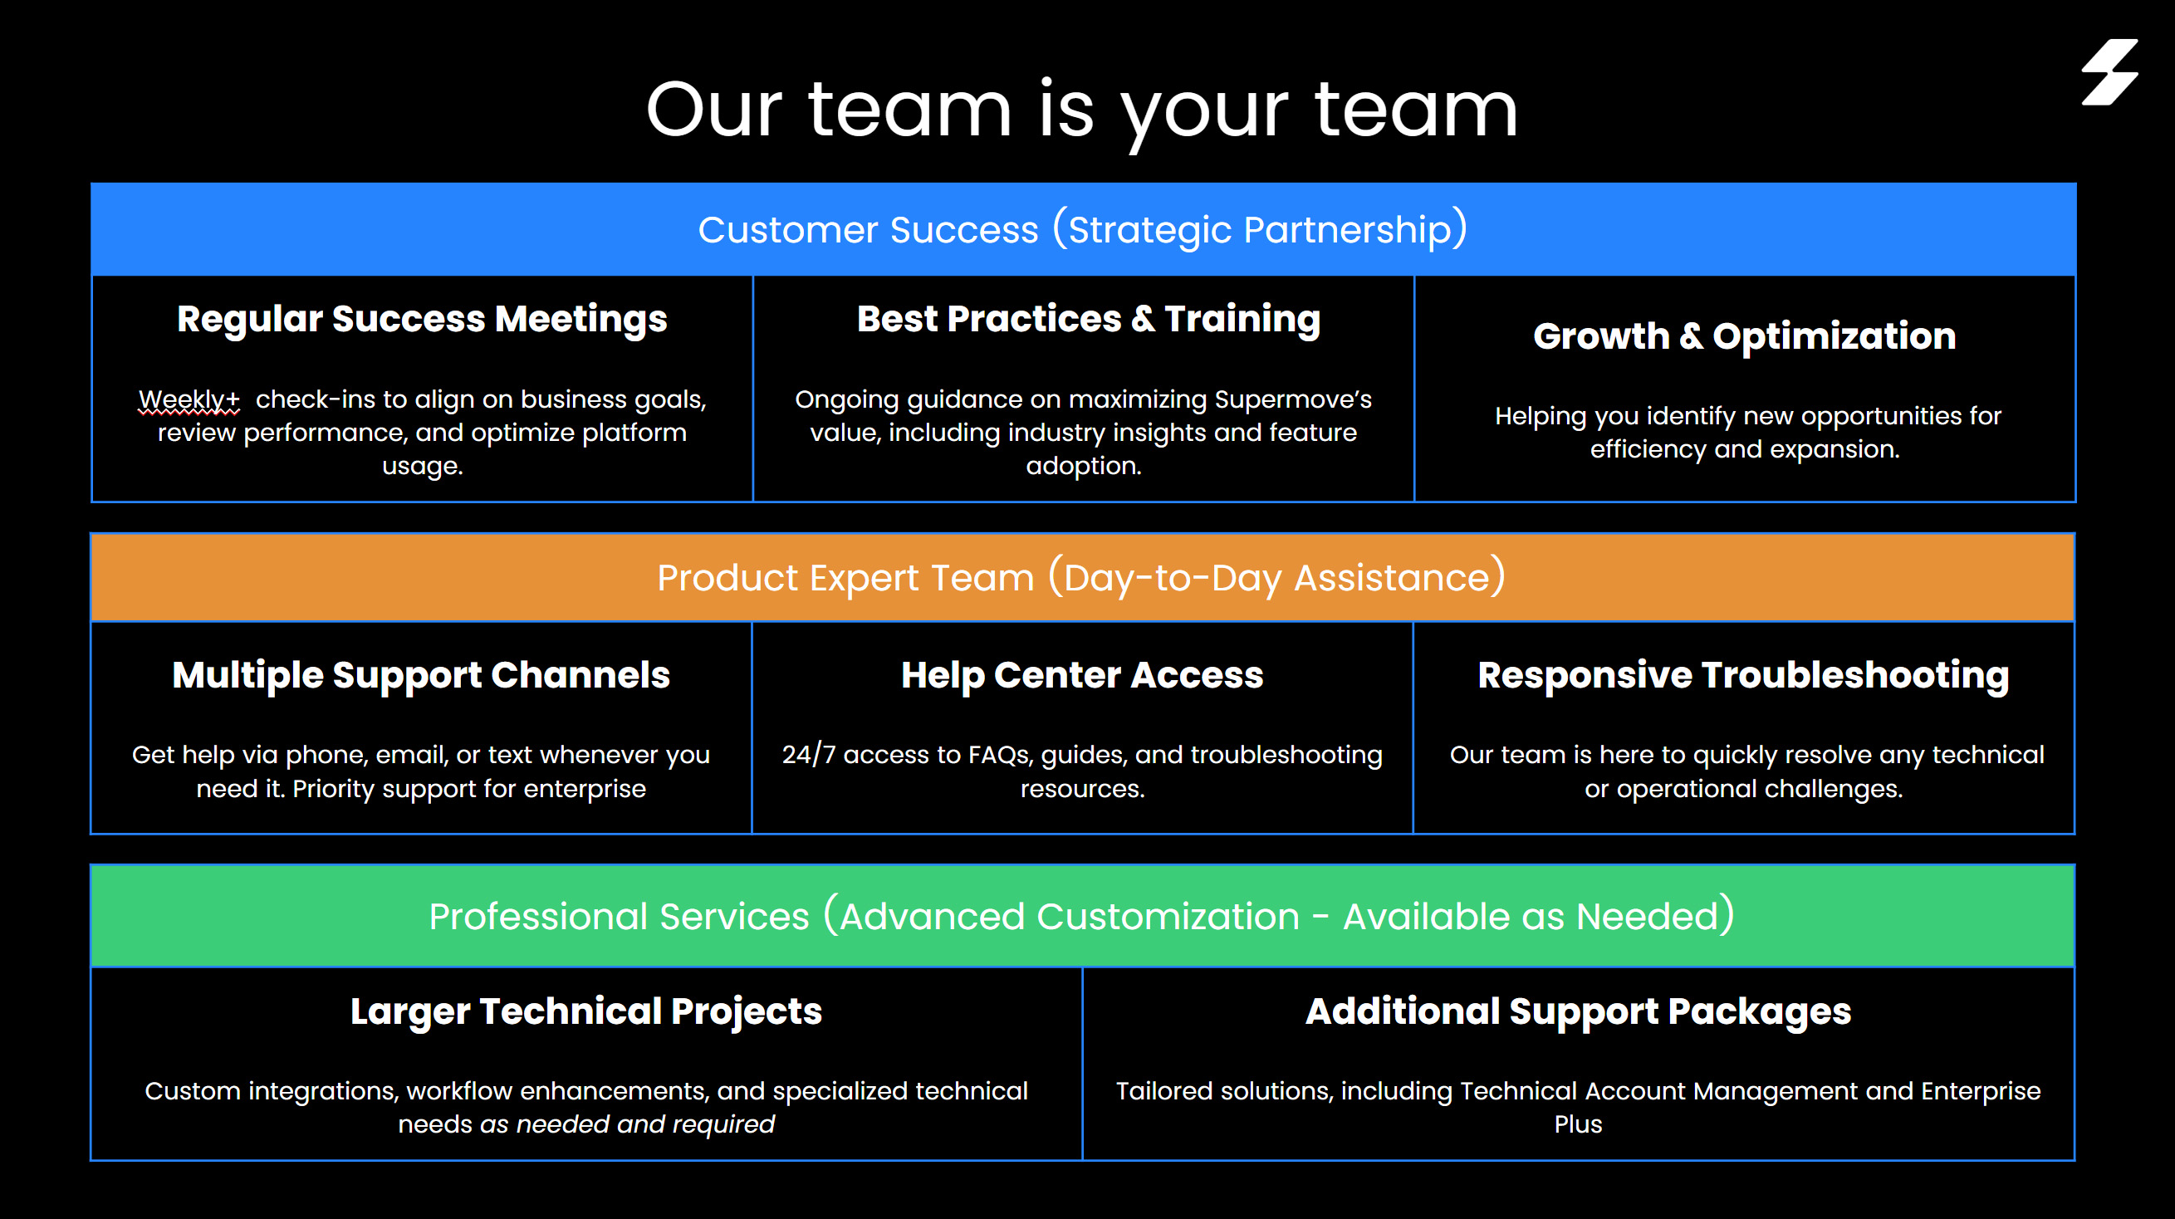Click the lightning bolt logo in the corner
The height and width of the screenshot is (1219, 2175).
click(x=2109, y=71)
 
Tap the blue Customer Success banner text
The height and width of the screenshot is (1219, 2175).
click(x=1082, y=230)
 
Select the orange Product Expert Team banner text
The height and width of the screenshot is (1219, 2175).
click(x=1080, y=578)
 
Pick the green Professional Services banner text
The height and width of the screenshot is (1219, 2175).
click(x=1080, y=916)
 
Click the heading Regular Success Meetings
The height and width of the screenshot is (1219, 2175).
click(x=422, y=319)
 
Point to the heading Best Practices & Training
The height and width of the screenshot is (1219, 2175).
click(x=1089, y=319)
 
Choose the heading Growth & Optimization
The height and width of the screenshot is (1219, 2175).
click(x=1744, y=336)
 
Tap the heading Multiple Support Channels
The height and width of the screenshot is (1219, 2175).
click(x=421, y=675)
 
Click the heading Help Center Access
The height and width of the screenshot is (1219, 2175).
click(x=1081, y=675)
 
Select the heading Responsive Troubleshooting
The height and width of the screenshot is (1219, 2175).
click(x=1743, y=675)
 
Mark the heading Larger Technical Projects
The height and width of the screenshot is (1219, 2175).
click(x=586, y=1011)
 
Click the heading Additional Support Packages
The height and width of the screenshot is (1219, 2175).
click(x=1578, y=1011)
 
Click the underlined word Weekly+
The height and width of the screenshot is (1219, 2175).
click(x=189, y=399)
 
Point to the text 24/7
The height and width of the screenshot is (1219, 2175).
click(x=808, y=755)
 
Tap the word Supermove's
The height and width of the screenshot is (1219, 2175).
click(x=1293, y=399)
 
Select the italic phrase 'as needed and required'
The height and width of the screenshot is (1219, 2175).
click(x=627, y=1124)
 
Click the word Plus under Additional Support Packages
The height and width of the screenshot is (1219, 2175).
click(x=1578, y=1124)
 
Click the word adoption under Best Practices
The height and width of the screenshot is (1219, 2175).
click(x=1083, y=466)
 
